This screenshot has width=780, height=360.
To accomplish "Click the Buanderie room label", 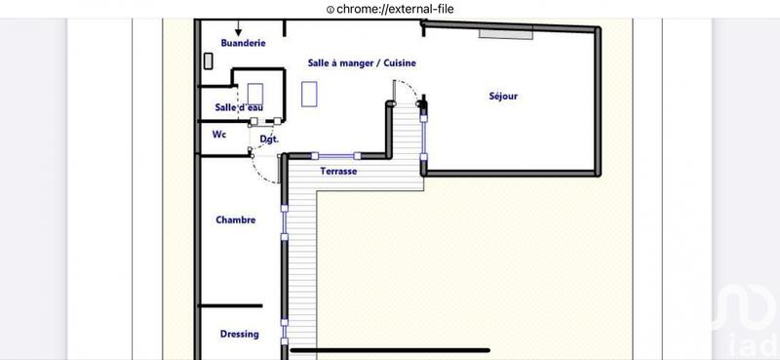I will [243, 43].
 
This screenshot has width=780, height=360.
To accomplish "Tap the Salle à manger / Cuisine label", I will [362, 62].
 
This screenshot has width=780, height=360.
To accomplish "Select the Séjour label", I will [503, 96].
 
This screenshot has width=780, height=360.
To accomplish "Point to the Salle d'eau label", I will [238, 107].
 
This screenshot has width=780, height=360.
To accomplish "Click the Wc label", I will [219, 136].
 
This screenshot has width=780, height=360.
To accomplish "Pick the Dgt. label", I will [269, 140].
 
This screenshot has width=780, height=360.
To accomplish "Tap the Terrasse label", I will [338, 171].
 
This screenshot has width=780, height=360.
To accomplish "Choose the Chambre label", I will [235, 220].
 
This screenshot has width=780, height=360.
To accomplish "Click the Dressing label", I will [239, 334].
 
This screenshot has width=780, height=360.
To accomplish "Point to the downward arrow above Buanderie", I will [238, 29].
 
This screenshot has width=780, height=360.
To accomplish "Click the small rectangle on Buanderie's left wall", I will [207, 60].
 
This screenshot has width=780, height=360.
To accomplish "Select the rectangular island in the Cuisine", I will [310, 93].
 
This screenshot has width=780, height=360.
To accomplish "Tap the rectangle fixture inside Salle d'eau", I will [256, 95].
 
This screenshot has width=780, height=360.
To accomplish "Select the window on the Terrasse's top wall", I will [337, 155].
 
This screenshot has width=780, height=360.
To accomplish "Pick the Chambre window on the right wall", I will [284, 233].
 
